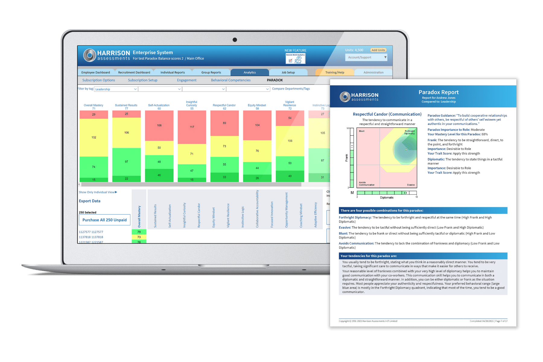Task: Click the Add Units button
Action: pos(378,50)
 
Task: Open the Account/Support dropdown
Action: pos(366,57)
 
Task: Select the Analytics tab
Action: pos(249,72)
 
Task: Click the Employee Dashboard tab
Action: pos(96,72)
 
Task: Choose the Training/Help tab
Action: pos(335,72)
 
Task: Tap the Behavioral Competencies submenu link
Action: pos(231,80)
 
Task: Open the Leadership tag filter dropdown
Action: pos(116,89)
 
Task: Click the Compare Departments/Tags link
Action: pos(291,89)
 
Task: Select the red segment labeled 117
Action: pos(192,127)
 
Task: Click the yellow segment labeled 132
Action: pos(94,137)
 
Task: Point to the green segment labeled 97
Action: pos(126,162)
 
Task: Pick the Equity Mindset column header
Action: pos(257,105)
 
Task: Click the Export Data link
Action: pos(90,201)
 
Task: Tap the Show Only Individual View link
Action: pos(98,192)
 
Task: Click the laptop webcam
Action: pos(235,40)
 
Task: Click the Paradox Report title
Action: pos(438,92)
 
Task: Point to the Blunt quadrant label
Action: pos(362,131)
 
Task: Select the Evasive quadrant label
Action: pos(411,185)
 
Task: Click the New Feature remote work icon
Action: pos(296,59)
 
